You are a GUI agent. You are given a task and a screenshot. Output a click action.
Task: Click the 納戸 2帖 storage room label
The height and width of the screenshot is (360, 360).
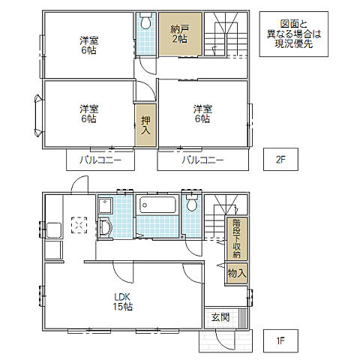click(x=179, y=34)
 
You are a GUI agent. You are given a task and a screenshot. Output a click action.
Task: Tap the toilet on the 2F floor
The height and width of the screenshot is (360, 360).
click(x=145, y=20)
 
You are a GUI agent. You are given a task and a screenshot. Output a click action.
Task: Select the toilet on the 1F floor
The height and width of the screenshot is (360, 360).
click(x=192, y=202)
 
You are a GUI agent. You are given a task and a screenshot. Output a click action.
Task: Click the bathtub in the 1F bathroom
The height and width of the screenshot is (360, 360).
click(x=157, y=205)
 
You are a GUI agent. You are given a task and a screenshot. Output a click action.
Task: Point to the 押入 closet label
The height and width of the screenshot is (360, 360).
click(x=145, y=125)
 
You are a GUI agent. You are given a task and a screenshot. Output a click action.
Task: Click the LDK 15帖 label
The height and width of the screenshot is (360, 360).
click(x=122, y=302)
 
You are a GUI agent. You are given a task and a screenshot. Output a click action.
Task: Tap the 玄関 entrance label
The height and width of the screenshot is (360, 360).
click(x=220, y=317)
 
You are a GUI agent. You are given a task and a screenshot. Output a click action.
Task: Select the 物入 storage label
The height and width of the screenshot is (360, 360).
click(x=237, y=273)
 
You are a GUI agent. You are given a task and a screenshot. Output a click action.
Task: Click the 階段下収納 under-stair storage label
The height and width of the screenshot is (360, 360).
click(x=236, y=239)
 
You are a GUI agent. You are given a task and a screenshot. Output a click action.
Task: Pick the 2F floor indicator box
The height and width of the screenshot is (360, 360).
click(x=280, y=160)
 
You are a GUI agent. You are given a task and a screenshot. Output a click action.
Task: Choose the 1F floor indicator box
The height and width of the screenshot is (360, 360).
click(x=280, y=340)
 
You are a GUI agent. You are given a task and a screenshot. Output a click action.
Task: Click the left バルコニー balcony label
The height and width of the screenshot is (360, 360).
click(x=100, y=160)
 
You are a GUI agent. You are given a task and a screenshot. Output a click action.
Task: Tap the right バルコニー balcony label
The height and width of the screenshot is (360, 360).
click(x=202, y=160)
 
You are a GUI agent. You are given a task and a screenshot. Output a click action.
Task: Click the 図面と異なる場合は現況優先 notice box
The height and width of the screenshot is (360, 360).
click(x=294, y=34)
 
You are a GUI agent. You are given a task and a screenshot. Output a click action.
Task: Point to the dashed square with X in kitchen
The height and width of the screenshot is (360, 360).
click(x=79, y=225)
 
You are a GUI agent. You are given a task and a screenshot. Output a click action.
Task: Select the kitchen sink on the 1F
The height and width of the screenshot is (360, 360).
click(x=53, y=230)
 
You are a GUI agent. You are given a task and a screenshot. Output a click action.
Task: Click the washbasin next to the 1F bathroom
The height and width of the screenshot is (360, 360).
click(x=105, y=227)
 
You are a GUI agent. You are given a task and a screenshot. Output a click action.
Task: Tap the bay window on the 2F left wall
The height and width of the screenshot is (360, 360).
click(x=38, y=115)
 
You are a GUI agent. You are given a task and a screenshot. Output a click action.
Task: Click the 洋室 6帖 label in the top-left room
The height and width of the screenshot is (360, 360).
click(x=89, y=46)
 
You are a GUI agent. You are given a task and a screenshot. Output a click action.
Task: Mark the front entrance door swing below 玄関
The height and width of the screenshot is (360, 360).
click(x=225, y=340)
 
